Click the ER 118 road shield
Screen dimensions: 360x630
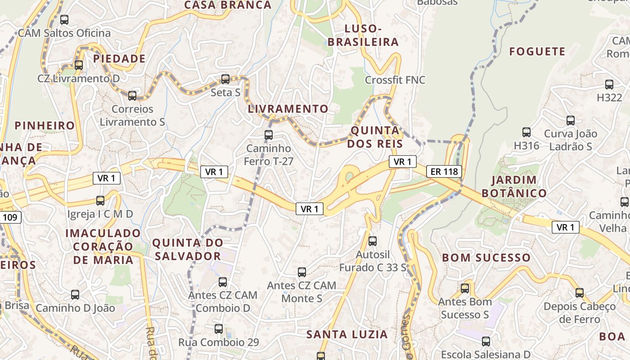pos(444,171)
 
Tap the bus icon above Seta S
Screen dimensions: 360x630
pos(225,79)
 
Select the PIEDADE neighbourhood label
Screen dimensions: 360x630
pos(119,58)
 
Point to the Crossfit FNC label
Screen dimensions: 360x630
pos(395,80)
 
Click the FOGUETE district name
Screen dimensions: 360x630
pos(537,51)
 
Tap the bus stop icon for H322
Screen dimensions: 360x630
pos(609,85)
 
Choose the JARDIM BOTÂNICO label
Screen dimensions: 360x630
pos(514,186)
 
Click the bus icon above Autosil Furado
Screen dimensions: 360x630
pos(373,241)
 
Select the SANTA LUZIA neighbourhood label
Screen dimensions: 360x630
pos(346,334)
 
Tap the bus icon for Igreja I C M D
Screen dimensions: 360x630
pos(100,201)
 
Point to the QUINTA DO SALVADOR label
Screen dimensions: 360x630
pos(188,249)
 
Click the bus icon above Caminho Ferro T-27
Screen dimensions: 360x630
pos(269,135)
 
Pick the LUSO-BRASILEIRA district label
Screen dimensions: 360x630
pos(363,35)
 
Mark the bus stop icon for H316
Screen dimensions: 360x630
pos(526,132)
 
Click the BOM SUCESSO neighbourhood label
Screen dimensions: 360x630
pos(486,258)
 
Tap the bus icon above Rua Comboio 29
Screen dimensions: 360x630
pos(219,329)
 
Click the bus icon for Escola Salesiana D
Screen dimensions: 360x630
pos(486,342)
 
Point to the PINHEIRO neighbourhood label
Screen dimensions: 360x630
pos(45,126)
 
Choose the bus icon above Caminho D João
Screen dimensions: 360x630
pos(75,295)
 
